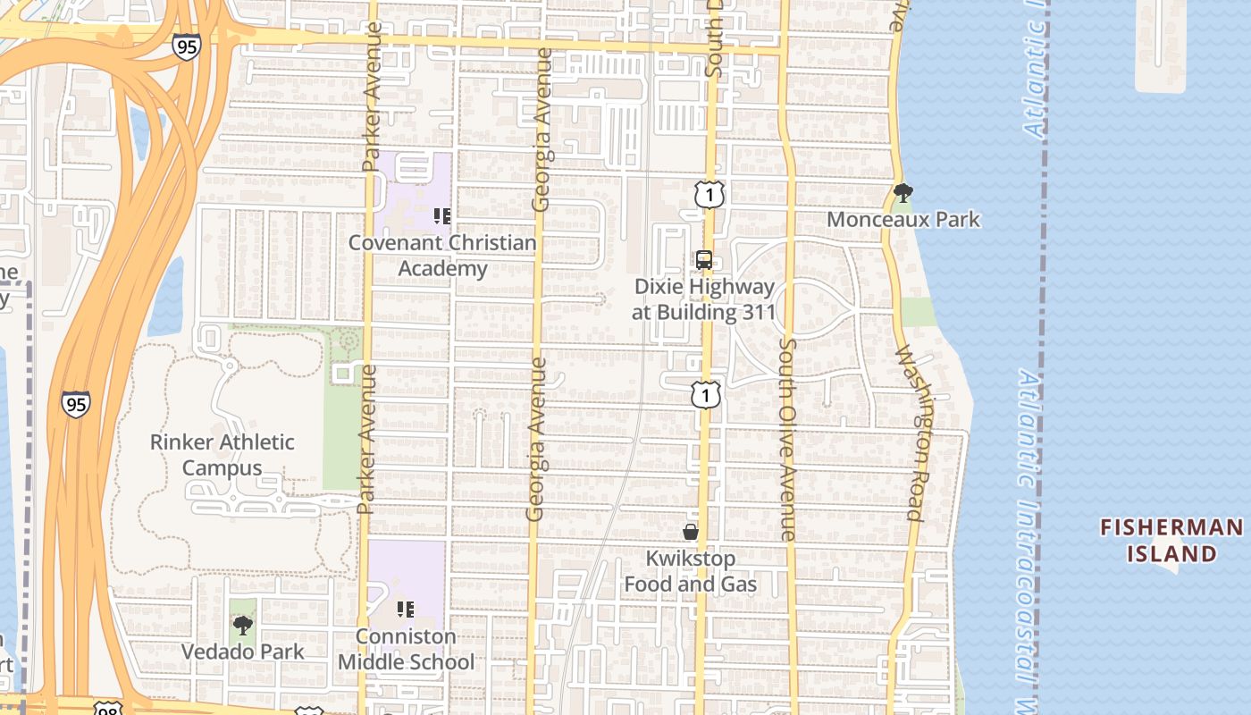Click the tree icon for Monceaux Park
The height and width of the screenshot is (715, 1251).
click(903, 192)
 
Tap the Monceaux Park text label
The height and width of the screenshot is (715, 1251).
click(903, 219)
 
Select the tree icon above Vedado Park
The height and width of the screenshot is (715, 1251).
click(242, 625)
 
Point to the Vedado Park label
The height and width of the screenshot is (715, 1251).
click(243, 652)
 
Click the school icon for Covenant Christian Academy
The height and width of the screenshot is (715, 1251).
click(441, 215)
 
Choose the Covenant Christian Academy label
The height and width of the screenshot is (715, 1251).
click(442, 256)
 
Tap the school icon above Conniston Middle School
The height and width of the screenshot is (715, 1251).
click(406, 610)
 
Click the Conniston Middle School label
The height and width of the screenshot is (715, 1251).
click(406, 650)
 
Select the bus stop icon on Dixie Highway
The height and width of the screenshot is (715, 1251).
click(704, 260)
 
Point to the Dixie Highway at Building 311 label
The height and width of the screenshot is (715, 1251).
click(704, 299)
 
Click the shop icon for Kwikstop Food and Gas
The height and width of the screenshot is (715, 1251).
click(690, 532)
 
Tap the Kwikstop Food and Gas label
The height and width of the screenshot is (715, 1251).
click(691, 571)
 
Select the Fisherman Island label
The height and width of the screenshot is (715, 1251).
click(1171, 540)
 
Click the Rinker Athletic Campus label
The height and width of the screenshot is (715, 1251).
click(222, 455)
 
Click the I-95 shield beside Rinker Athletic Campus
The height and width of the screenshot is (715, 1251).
click(76, 404)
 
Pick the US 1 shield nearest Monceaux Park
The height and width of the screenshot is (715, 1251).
click(709, 193)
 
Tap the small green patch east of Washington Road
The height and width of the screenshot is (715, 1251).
click(918, 312)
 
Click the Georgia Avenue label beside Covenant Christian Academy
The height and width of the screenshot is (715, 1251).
click(541, 130)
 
